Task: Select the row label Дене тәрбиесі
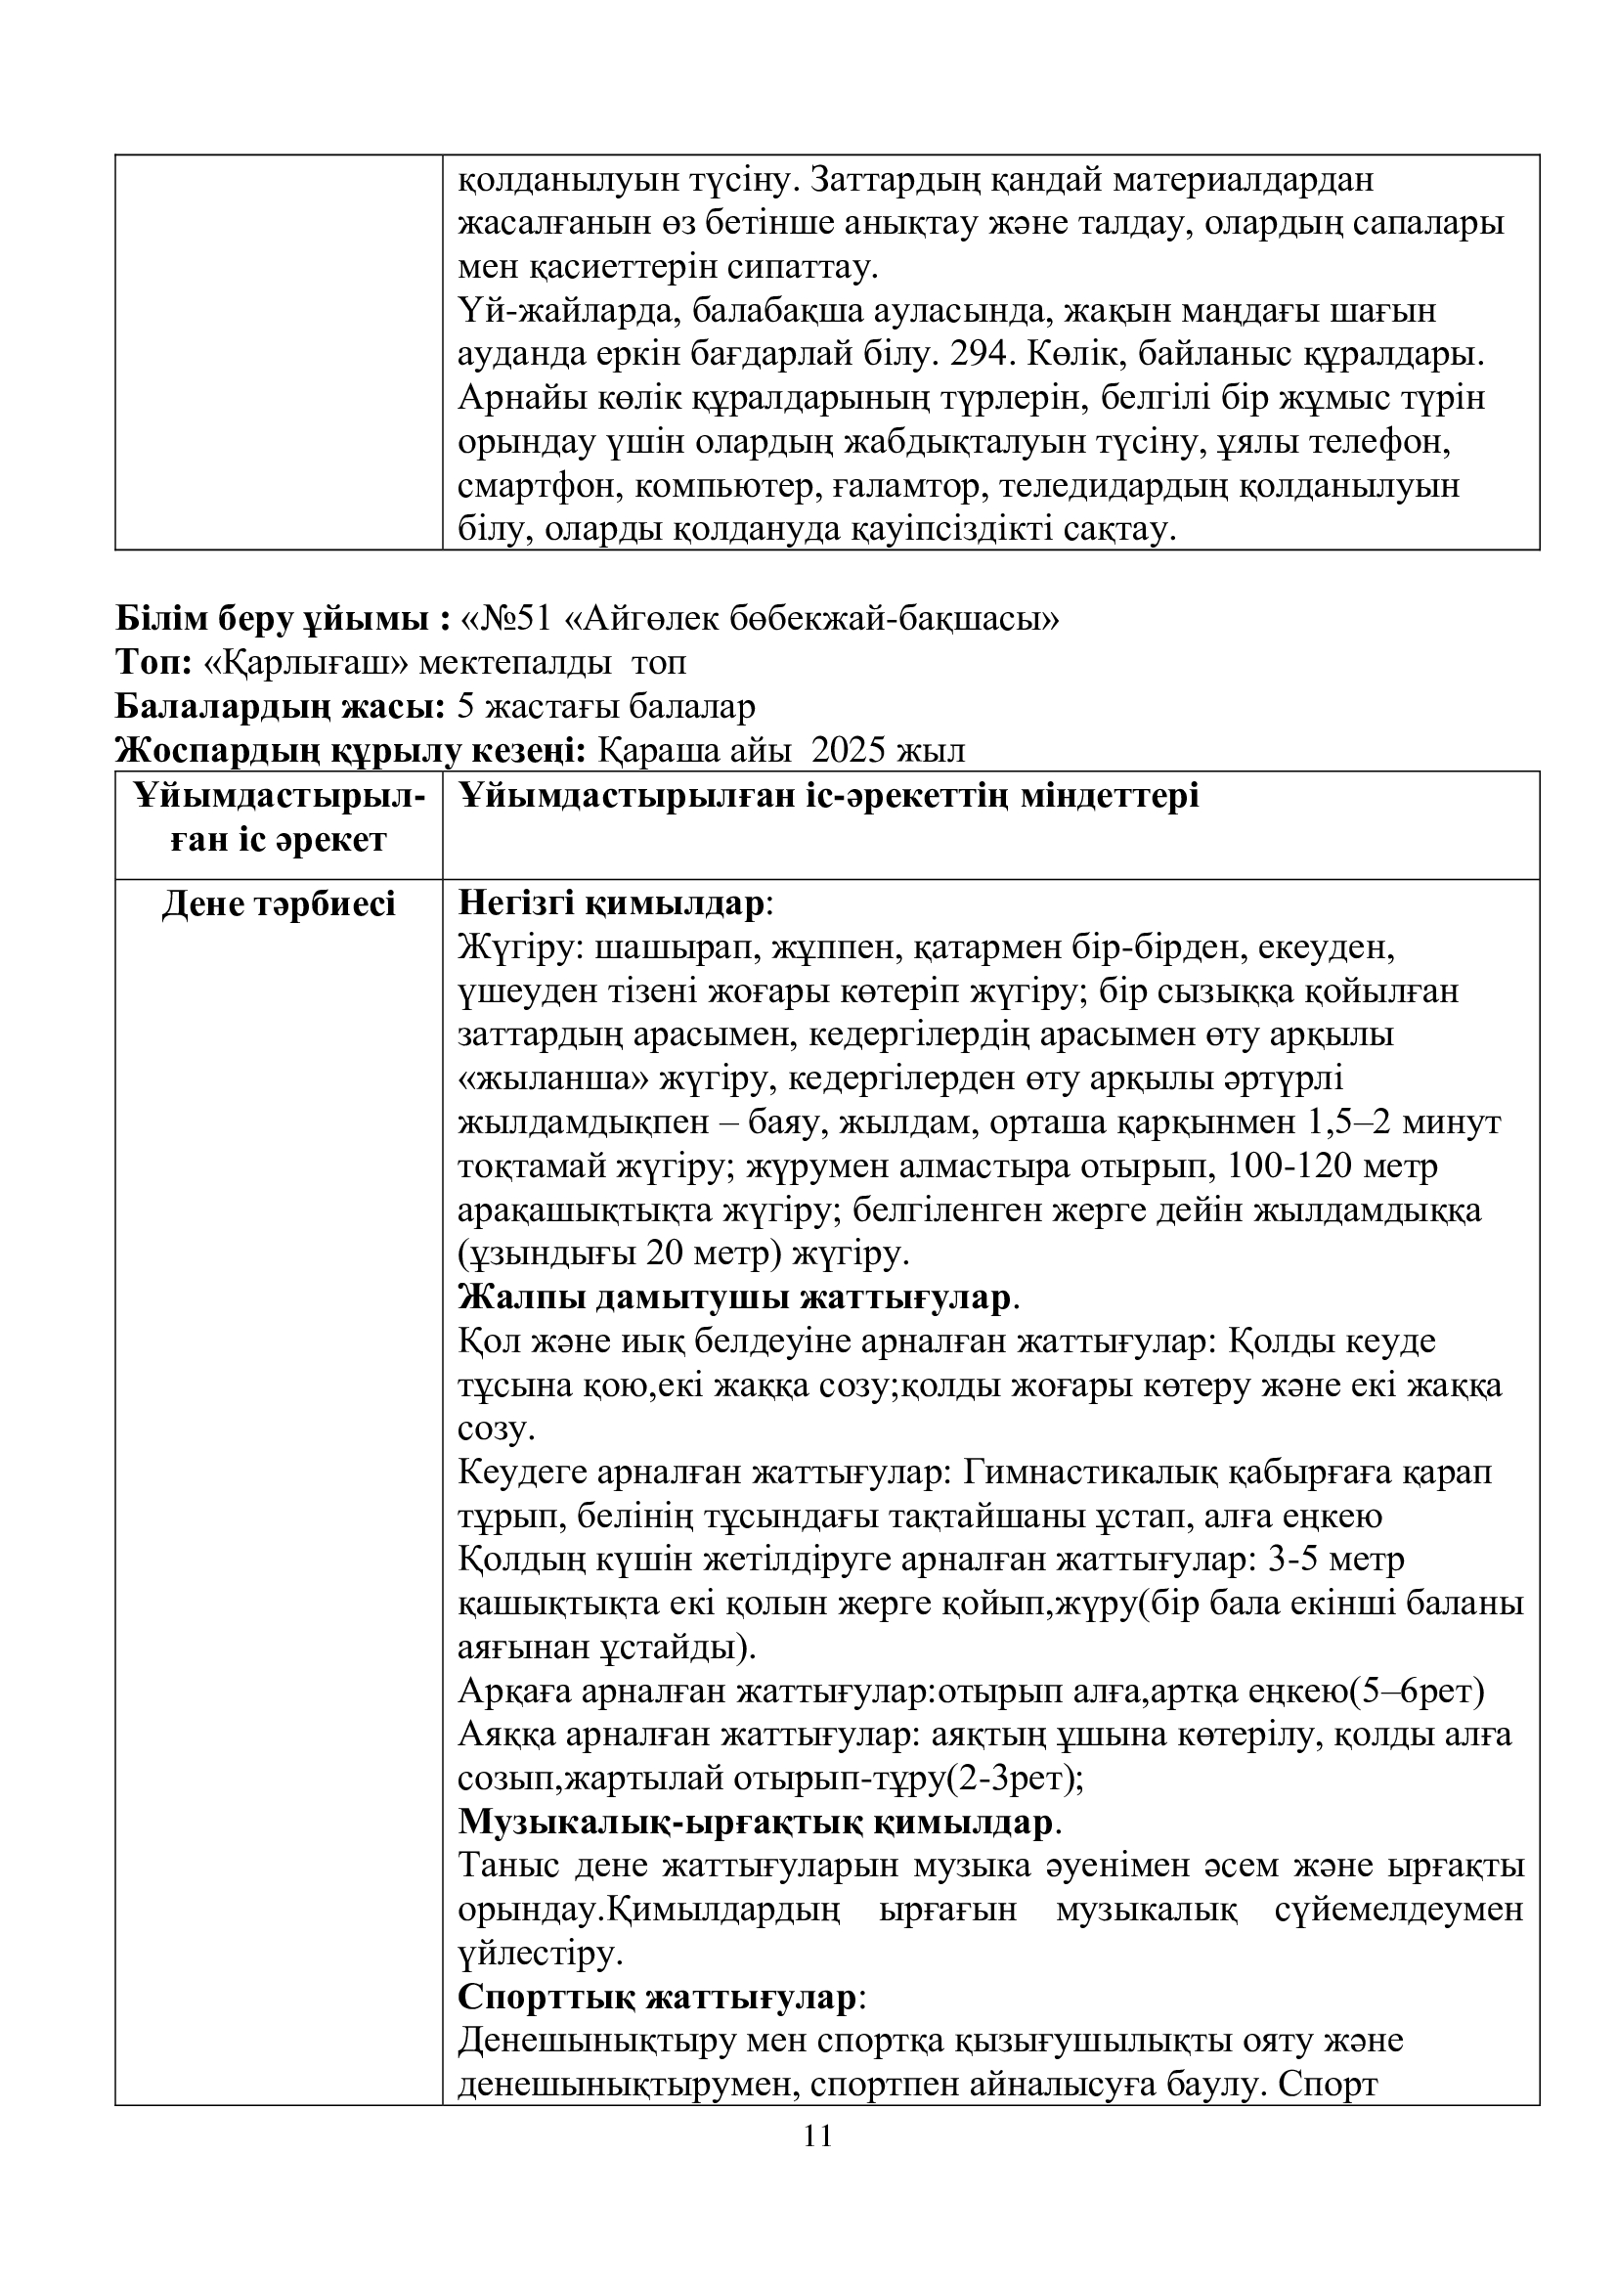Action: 279,903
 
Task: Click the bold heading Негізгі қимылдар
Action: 612,903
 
